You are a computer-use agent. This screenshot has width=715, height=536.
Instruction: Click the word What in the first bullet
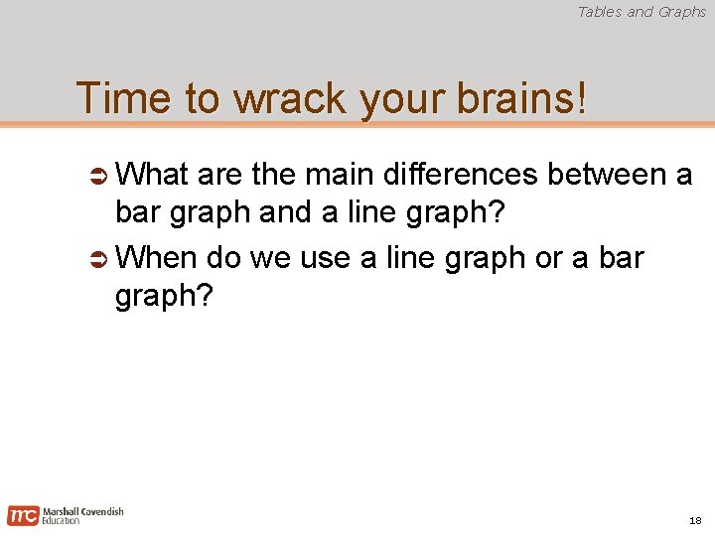pyautogui.click(x=153, y=175)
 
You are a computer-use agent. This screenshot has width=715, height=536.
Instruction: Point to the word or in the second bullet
pyautogui.click(x=548, y=258)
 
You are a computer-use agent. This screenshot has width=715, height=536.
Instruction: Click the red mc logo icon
pyautogui.click(x=23, y=515)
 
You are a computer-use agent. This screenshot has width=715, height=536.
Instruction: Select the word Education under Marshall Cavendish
pyautogui.click(x=61, y=521)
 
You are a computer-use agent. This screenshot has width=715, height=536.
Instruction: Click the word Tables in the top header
pyautogui.click(x=600, y=12)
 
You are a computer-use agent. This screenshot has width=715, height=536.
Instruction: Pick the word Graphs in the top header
pyautogui.click(x=681, y=12)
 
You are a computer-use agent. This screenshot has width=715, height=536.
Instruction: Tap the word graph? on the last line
pyautogui.click(x=164, y=297)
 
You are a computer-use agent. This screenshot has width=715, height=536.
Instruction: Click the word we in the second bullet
pyautogui.click(x=268, y=258)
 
